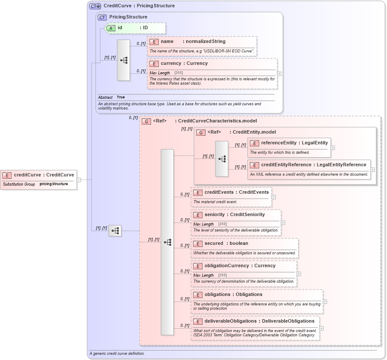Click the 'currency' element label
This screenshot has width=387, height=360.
[x=184, y=64]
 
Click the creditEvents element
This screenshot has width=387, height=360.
[x=236, y=192]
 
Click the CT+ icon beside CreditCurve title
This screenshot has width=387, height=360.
[x=95, y=6]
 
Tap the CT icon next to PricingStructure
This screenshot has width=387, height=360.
[x=102, y=17]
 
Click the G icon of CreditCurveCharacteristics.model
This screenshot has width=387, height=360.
[x=146, y=121]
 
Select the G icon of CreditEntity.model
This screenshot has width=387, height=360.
[x=201, y=132]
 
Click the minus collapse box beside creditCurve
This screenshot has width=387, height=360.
[x=79, y=180]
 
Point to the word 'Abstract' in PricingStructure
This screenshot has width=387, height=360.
[x=105, y=98]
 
